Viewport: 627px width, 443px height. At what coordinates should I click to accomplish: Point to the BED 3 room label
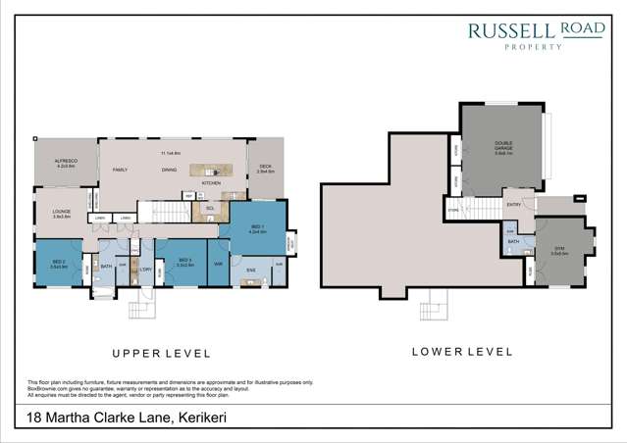[182, 262]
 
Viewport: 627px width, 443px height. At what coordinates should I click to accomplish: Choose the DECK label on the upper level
[265, 169]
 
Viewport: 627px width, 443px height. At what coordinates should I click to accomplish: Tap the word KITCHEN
[211, 183]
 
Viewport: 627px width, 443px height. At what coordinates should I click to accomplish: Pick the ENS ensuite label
[250, 269]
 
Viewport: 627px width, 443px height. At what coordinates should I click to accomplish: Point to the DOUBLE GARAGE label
[503, 149]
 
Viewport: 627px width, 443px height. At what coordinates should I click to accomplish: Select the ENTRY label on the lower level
[512, 204]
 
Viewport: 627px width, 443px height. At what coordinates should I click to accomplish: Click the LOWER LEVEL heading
[461, 350]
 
